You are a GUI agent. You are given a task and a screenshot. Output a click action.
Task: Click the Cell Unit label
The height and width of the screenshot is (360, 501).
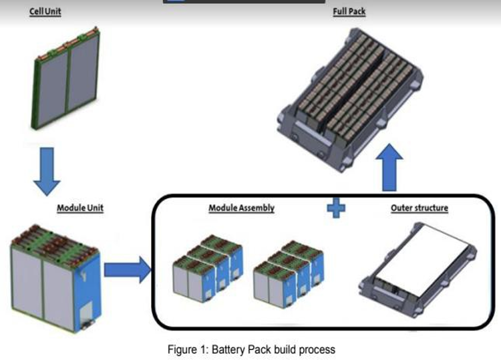pos(45,11)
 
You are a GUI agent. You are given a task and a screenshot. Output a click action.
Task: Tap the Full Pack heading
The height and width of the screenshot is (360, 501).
pos(349,11)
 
